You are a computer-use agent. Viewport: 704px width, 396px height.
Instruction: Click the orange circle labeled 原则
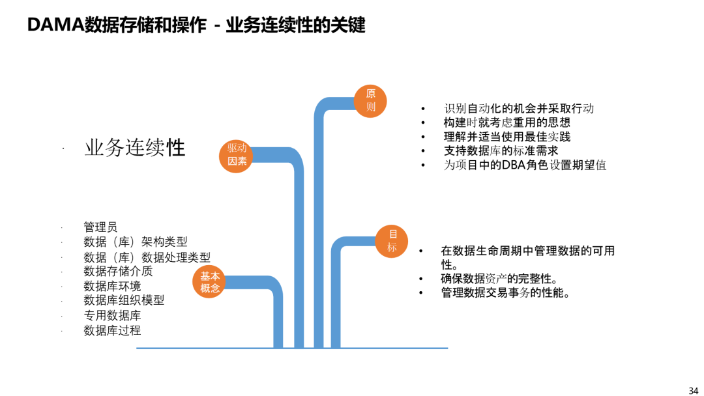[x=370, y=101]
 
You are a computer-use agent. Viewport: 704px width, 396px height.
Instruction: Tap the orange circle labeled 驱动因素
[x=236, y=156]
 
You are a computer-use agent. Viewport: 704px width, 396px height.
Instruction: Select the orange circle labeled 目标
[x=392, y=241]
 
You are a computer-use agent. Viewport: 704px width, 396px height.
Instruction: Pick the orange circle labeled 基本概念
[x=209, y=281]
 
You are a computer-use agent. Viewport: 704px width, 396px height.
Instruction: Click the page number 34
[x=693, y=391]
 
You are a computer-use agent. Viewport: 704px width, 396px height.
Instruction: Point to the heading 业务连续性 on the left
[x=135, y=148]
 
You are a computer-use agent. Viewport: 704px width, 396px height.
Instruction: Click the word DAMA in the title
[x=55, y=25]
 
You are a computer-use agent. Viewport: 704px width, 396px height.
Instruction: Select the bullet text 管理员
[x=100, y=227]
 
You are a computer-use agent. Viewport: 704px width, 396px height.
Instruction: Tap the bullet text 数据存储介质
[x=118, y=271]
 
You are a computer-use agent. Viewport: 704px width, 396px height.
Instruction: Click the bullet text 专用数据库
[x=112, y=315]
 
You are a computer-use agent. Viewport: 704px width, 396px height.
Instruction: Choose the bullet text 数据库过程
[x=112, y=330]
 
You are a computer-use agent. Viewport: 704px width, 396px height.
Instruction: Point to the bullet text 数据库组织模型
[x=124, y=300]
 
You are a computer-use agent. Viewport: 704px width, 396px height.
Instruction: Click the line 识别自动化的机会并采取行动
[x=519, y=109]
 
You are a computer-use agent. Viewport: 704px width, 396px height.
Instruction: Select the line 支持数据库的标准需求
[x=501, y=150]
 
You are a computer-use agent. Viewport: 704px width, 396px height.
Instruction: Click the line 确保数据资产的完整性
[x=499, y=279]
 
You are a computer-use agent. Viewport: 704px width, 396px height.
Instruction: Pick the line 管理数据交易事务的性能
[x=506, y=293]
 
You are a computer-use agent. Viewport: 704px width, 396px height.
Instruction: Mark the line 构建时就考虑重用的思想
[x=507, y=122]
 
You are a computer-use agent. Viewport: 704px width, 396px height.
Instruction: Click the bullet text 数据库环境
[x=112, y=286]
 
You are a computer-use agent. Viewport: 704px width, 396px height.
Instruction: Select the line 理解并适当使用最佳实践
[x=507, y=137]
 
